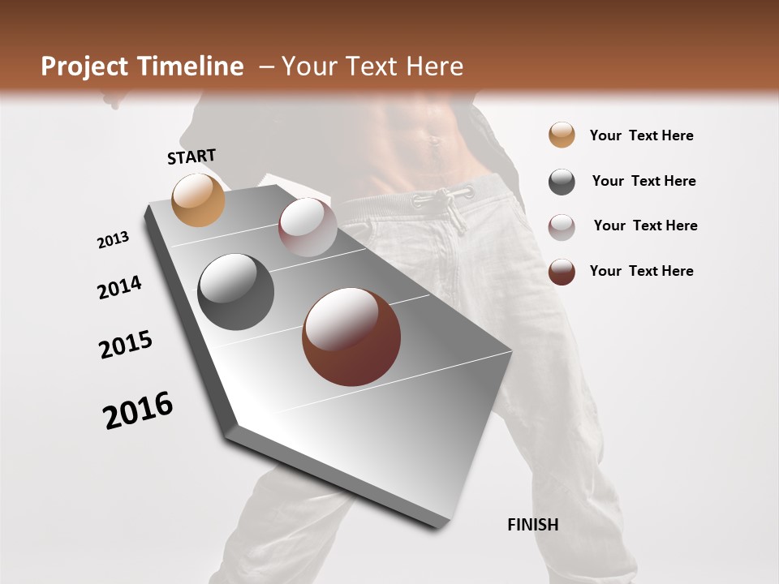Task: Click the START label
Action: click(192, 156)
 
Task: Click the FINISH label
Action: click(532, 525)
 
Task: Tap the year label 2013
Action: click(113, 240)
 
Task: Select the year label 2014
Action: click(119, 288)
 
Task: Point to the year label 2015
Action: click(126, 345)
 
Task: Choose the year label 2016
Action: click(138, 410)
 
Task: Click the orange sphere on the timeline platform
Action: click(198, 200)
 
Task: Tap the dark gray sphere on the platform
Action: click(235, 292)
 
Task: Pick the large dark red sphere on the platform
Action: click(351, 337)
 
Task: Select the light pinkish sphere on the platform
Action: click(308, 227)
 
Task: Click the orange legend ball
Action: click(562, 135)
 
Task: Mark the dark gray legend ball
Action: click(562, 182)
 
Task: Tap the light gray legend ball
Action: click(562, 227)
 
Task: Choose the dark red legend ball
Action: click(562, 272)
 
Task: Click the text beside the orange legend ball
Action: click(641, 135)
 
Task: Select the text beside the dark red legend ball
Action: click(641, 271)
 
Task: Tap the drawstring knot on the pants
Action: click(454, 194)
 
